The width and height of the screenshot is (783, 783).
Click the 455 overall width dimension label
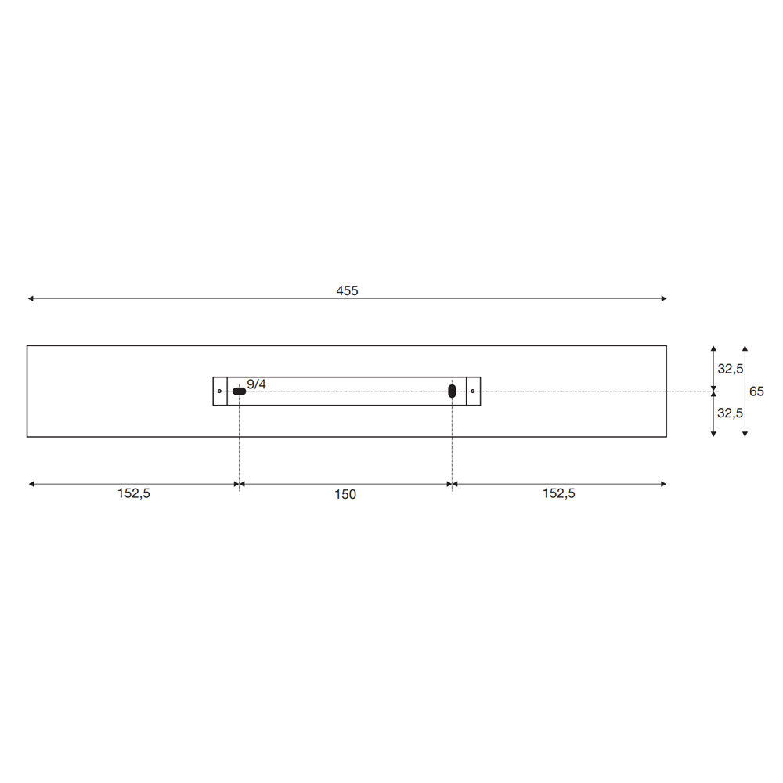(x=347, y=290)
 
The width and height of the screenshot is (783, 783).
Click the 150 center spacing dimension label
(x=345, y=494)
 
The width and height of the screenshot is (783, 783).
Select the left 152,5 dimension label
(x=133, y=493)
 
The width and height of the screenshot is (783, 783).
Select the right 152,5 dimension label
(x=559, y=493)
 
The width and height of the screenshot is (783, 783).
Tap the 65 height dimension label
(x=756, y=391)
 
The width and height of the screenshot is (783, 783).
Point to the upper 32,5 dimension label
(x=730, y=369)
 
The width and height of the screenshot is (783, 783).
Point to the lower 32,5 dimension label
(x=730, y=413)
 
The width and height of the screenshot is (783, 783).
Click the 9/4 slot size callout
(x=256, y=384)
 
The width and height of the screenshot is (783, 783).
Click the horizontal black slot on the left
(x=239, y=391)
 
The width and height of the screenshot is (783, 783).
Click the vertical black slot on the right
(x=452, y=391)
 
